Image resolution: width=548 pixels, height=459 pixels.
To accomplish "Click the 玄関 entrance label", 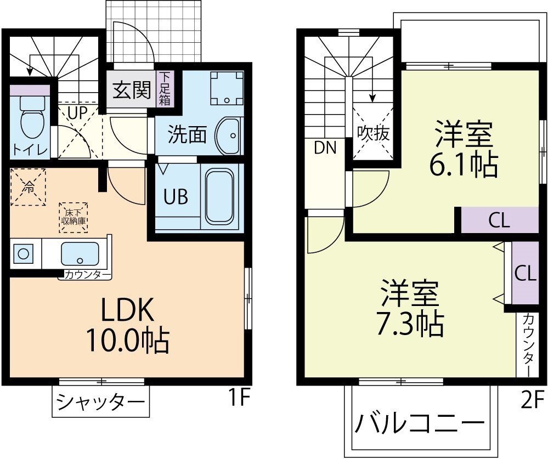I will pyautogui.click(x=132, y=90).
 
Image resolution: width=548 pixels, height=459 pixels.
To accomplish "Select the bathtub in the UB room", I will pyautogui.click(x=219, y=195).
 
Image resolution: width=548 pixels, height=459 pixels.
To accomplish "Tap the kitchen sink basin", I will pyautogui.click(x=80, y=254).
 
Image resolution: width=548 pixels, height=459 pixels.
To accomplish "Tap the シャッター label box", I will pyautogui.click(x=100, y=403).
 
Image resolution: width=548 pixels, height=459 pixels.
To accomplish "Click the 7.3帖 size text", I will pyautogui.click(x=410, y=324).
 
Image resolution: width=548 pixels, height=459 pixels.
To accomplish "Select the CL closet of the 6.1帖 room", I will pyautogui.click(x=499, y=220).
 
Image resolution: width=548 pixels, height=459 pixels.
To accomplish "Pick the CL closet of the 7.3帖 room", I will pyautogui.click(x=524, y=273).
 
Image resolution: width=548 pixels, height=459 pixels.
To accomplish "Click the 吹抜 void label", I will pyautogui.click(x=373, y=133).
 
